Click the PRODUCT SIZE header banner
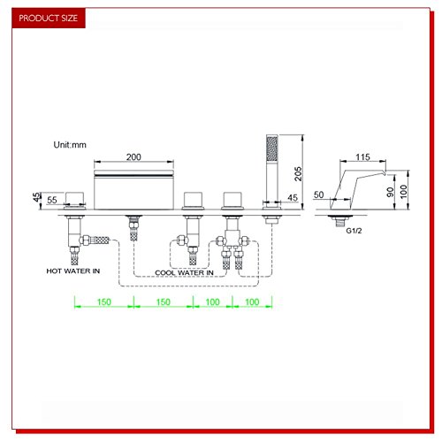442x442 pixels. (x=49, y=18)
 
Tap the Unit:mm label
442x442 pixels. (x=70, y=145)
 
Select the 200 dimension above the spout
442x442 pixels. (x=133, y=157)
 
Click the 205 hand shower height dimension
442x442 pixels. (x=298, y=174)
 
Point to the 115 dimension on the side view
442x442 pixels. (x=362, y=157)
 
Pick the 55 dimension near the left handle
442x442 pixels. (x=52, y=200)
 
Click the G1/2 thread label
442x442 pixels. (x=354, y=231)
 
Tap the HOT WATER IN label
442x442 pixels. (x=73, y=271)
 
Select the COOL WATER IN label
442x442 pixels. (x=184, y=273)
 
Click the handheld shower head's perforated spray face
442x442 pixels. (x=272, y=149)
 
